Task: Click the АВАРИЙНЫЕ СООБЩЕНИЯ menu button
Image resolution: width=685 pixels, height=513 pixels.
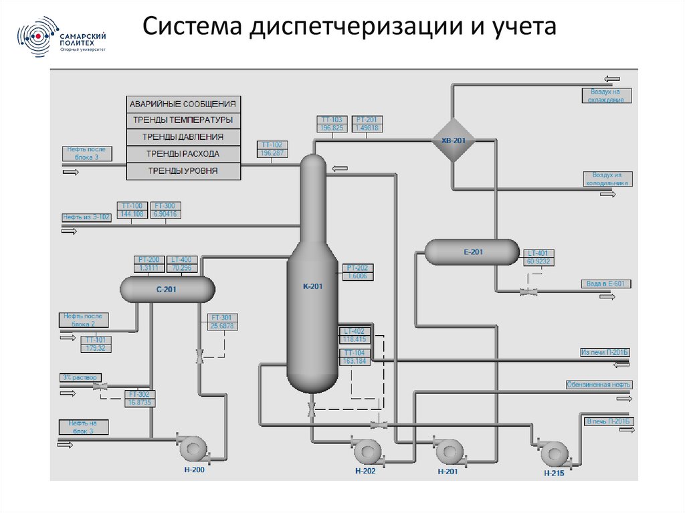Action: tap(183, 104)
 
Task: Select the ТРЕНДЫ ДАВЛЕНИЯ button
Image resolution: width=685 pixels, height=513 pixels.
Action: tap(183, 137)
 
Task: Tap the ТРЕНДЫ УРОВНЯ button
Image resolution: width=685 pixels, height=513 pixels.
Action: tap(183, 171)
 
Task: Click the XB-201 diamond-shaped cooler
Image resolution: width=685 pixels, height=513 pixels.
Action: tap(452, 140)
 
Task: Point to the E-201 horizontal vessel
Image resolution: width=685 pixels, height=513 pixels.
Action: tap(472, 252)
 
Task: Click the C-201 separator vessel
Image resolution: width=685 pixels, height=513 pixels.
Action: tap(167, 290)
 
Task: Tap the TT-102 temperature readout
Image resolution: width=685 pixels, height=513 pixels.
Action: tap(272, 148)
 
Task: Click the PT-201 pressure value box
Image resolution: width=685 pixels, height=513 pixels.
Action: tap(367, 124)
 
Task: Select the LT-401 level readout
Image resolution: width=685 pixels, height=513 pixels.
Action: tap(539, 257)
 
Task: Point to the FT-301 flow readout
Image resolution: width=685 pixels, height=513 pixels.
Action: tap(222, 322)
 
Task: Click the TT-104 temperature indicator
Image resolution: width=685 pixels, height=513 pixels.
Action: tap(355, 357)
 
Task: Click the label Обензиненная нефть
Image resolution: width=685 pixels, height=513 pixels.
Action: tap(599, 385)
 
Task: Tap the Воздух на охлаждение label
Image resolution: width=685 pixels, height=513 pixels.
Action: tap(606, 95)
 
